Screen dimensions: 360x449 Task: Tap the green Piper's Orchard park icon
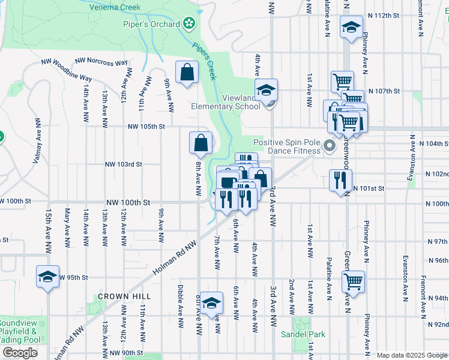(189, 23)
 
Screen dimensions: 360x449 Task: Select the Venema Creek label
(115, 7)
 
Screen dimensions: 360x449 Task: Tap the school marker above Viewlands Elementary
(266, 91)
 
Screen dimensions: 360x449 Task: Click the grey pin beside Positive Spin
(329, 146)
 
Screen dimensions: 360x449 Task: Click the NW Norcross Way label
(101, 62)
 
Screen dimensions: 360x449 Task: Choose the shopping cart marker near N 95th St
(353, 281)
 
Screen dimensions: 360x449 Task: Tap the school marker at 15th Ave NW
(47, 277)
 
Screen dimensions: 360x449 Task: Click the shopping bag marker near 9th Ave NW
(187, 73)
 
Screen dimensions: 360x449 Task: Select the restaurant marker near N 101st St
(340, 180)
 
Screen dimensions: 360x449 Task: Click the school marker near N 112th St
(351, 27)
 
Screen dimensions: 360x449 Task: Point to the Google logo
(20, 353)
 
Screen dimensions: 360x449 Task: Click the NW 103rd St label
(123, 164)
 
